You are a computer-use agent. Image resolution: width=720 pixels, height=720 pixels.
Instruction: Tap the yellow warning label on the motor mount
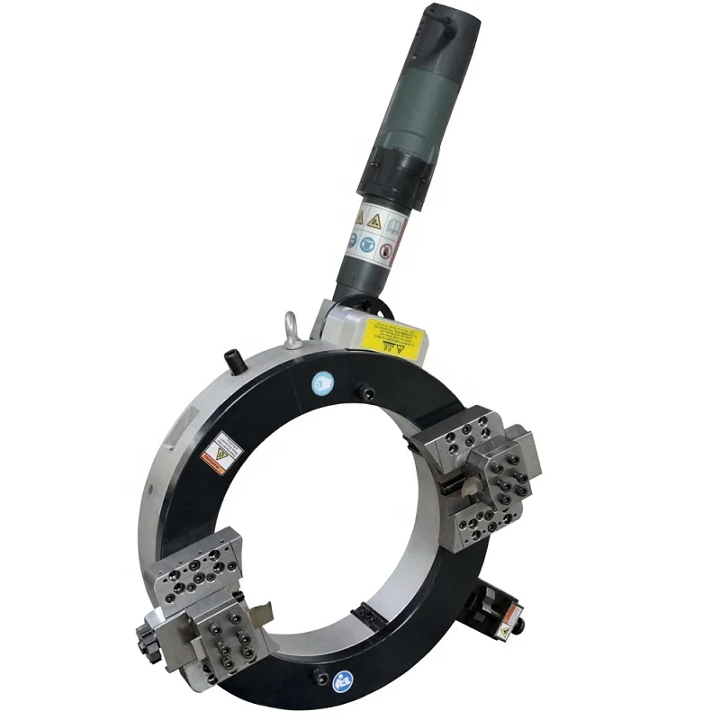[x=392, y=338]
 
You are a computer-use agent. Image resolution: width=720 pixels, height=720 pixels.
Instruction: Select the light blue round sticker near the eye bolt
[x=321, y=382]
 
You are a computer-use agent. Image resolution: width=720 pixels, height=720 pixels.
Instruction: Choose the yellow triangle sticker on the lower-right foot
[x=505, y=632]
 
